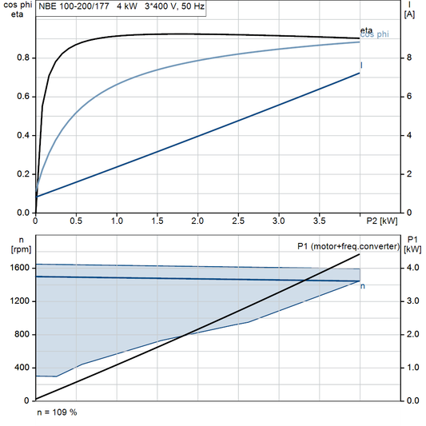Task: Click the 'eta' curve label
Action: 365,30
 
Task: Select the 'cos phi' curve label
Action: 376,35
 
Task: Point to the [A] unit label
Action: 410,14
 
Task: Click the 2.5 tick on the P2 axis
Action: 238,221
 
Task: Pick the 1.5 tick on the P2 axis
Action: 157,221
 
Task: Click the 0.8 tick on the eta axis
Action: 22,58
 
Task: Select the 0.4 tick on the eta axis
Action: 22,135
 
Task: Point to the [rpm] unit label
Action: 15,249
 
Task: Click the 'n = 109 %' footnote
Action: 57,412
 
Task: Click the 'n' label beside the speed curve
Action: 364,285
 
